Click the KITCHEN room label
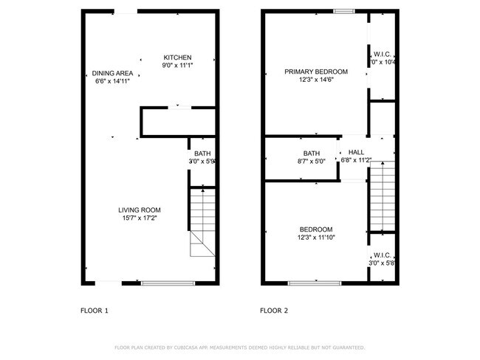[177, 58]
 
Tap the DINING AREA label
[113, 72]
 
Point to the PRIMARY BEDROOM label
[315, 72]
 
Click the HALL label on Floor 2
[357, 152]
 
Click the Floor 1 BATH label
[202, 153]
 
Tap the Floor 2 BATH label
[291, 153]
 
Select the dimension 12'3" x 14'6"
[315, 80]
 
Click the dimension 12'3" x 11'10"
[315, 238]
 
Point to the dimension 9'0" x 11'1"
[177, 66]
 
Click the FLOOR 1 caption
[95, 311]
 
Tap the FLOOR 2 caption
[274, 311]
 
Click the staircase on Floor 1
[202, 221]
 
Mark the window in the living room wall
[168, 283]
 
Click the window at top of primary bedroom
[343, 11]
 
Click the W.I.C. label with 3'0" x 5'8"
[383, 255]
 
